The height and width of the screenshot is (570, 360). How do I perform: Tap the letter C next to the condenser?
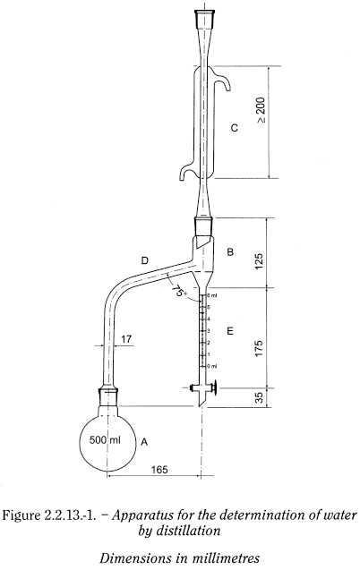pos(234,128)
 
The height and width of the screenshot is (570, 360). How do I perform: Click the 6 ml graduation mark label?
pos(212,296)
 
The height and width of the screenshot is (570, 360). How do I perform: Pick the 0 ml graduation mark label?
pos(212,367)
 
